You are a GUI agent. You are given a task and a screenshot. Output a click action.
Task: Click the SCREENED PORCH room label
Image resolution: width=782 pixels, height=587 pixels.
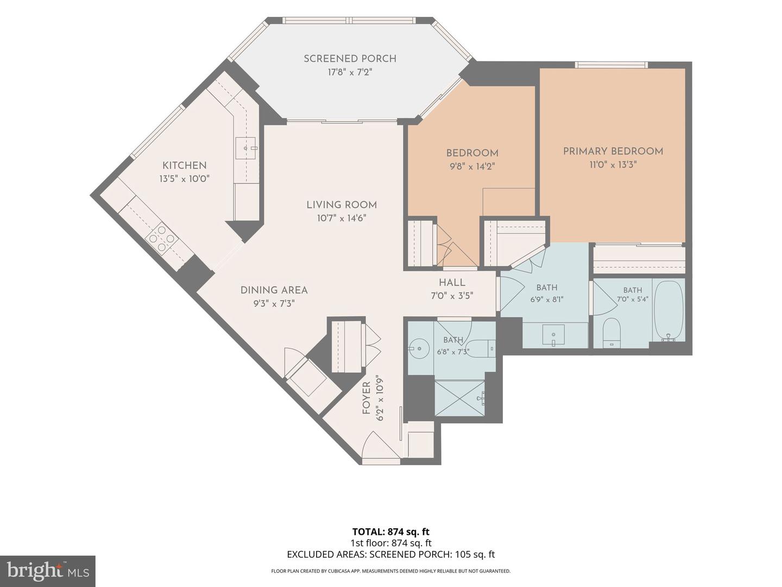350,59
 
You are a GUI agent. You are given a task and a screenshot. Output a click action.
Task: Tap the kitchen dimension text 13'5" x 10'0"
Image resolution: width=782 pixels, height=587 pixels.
184,179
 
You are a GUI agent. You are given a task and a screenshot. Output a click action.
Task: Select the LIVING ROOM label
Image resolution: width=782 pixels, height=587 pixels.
342,205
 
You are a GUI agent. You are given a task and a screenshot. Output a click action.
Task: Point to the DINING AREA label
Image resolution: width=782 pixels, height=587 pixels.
274,290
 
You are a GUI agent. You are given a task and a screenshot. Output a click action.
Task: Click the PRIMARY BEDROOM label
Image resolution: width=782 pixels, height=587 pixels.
613,152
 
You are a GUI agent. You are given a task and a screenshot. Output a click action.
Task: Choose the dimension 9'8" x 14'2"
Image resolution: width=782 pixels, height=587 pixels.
472,166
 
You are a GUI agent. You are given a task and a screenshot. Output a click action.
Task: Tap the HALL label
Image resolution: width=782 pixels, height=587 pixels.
452,283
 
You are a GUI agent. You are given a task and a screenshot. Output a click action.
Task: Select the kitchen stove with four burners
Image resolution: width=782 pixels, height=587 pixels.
162,238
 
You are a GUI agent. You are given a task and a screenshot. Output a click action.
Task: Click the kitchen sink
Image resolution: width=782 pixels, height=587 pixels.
245,148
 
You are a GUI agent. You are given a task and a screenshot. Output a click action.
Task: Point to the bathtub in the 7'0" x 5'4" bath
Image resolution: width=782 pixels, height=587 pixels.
669,310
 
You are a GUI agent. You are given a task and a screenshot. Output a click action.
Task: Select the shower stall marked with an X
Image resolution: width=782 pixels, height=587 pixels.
460,398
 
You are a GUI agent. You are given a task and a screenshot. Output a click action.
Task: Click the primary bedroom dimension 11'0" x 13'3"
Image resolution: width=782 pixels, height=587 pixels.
613,165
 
